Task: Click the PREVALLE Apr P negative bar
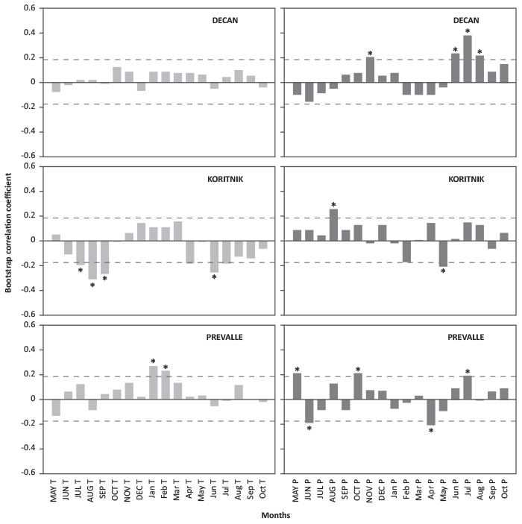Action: [x=431, y=411]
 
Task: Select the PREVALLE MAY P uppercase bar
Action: [x=297, y=386]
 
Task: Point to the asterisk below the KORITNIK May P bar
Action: [x=443, y=272]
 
